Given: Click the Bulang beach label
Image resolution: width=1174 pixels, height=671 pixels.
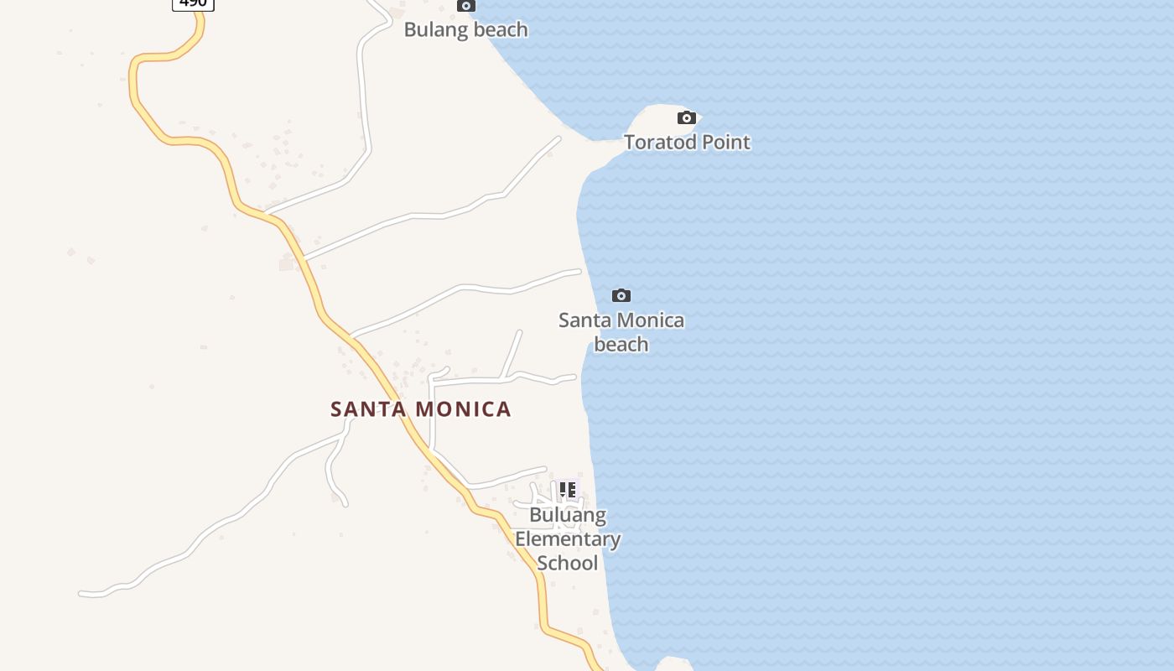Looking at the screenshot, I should click(x=466, y=29).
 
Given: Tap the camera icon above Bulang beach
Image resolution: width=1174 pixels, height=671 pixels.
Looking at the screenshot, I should click(x=466, y=5).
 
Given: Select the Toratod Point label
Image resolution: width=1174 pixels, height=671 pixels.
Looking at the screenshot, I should click(x=687, y=142).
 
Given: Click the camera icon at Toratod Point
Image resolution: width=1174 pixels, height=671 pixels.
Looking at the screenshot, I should click(x=687, y=117).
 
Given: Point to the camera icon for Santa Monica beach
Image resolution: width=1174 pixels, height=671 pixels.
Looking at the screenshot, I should click(x=621, y=295).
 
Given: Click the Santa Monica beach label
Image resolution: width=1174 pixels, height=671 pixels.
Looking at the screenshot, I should click(x=621, y=331).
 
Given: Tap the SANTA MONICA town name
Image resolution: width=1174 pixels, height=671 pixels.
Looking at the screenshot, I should click(x=421, y=409).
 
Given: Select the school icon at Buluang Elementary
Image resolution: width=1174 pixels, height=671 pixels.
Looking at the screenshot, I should click(x=568, y=490).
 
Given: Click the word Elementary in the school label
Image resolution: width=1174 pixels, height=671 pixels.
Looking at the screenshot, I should click(x=568, y=538).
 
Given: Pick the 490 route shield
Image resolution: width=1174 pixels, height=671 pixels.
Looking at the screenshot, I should click(x=193, y=3).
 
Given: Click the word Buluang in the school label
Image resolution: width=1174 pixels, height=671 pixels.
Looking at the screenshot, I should click(x=568, y=515).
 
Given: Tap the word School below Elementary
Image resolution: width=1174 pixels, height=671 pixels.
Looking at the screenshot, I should click(x=568, y=562).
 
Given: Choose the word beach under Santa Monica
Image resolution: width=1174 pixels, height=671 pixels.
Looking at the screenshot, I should click(x=621, y=344).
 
